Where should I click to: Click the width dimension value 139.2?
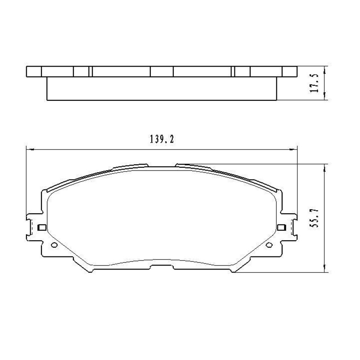162,139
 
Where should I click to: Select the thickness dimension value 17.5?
315,83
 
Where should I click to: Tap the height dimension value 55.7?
315,218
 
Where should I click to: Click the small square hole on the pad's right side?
282,227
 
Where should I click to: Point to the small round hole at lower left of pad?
54,245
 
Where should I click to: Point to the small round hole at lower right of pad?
270,245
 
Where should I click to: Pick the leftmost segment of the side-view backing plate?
34,72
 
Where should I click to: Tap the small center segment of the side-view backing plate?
162,72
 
